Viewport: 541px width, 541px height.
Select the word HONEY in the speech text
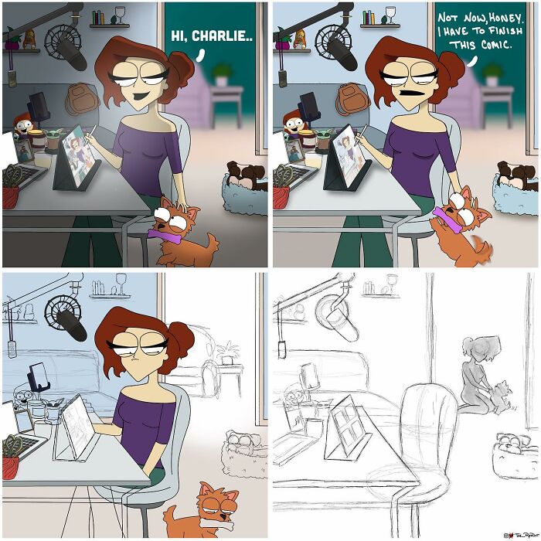[x=503, y=17]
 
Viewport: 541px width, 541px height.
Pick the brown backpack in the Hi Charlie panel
[x=78, y=97]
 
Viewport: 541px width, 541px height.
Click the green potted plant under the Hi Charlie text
[x=223, y=74]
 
